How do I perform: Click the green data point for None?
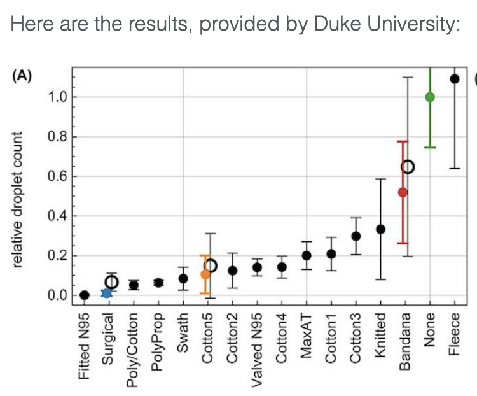point(430,97)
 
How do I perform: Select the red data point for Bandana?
point(403,192)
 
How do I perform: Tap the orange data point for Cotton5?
point(205,274)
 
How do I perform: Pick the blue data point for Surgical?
point(106,293)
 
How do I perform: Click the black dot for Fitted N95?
point(85,295)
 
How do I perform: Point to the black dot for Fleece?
point(455,79)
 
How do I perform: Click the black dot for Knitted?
point(380,229)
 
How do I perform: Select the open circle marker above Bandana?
point(408,167)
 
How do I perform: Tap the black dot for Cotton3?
point(356,236)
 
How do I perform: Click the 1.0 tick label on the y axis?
point(57,97)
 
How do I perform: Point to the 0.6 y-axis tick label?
point(57,176)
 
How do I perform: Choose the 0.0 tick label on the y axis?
point(57,295)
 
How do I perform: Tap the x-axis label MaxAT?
point(307,336)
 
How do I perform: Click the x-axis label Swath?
point(183,333)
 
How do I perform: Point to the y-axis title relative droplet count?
point(17,200)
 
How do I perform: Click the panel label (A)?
point(22,76)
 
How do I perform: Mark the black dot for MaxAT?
point(307,255)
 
